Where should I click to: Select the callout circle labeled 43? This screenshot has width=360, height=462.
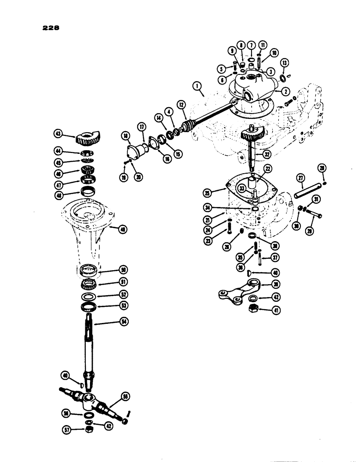click(x=58, y=134)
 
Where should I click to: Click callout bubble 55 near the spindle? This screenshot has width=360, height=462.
click(x=124, y=395)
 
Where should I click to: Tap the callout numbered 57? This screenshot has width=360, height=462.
click(x=67, y=429)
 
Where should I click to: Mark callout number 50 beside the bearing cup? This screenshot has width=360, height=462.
click(x=123, y=269)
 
